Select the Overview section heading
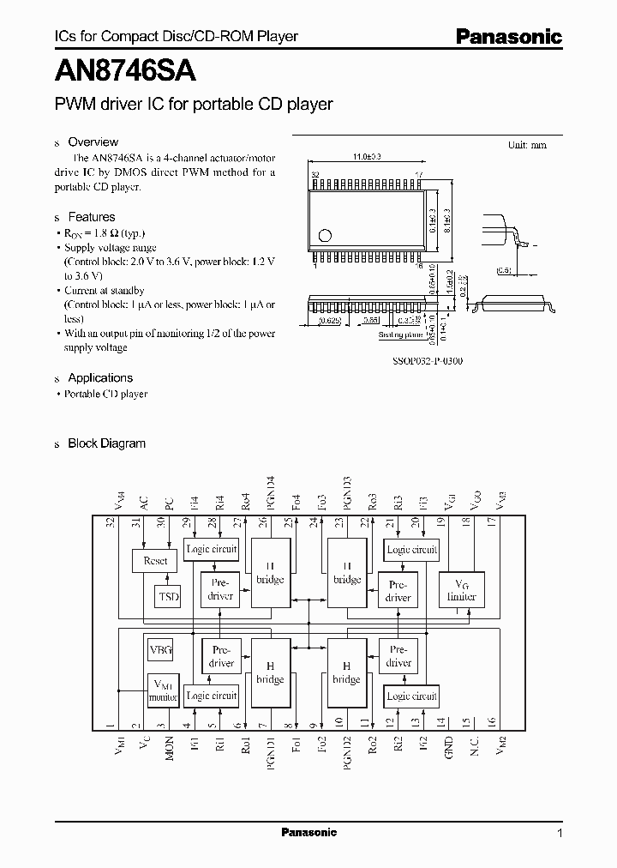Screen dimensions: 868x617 (93, 142)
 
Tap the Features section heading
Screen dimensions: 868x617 (91, 217)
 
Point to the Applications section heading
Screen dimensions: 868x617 (100, 377)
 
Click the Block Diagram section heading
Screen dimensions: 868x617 (106, 443)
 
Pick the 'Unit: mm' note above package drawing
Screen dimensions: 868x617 (526, 145)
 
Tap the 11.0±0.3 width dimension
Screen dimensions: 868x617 (367, 157)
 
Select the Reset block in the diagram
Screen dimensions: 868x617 (155, 561)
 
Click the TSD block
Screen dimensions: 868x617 (169, 596)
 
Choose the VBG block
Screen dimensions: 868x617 (160, 650)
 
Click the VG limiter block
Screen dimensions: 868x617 (461, 589)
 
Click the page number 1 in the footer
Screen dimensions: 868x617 (560, 833)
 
